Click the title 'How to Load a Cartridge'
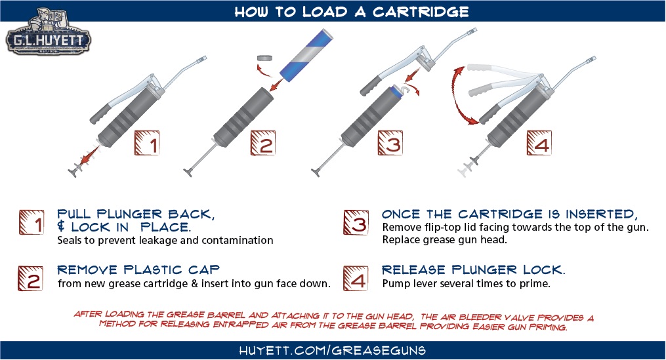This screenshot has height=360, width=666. (333, 11)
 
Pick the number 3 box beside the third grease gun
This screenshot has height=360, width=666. (390, 142)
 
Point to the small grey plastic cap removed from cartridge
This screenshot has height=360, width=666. (266, 58)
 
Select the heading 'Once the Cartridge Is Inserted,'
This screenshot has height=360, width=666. (510, 214)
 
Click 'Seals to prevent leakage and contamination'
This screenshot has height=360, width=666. (165, 241)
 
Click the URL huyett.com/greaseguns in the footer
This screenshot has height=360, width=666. (333, 350)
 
